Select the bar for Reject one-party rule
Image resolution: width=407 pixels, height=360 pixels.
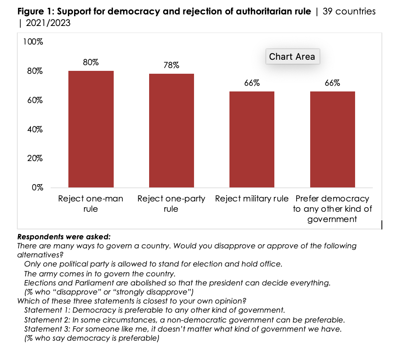tap(171, 131)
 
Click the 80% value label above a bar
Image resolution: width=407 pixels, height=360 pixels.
tap(91, 63)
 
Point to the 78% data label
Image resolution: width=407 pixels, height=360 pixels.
tap(171, 65)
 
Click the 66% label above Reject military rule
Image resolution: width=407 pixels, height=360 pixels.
tap(252, 83)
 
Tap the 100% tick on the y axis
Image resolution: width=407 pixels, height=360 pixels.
tap(33, 42)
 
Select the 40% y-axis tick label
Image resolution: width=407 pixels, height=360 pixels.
tap(35, 129)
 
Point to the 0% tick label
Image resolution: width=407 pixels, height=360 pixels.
tap(37, 187)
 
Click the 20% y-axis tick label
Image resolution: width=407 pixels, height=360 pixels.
tap(35, 159)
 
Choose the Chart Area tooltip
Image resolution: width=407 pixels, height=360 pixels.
tap(292, 56)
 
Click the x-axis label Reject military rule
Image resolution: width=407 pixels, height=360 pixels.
tap(252, 199)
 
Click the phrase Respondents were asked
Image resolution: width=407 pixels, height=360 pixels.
tap(64, 237)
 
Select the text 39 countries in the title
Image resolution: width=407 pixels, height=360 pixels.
tap(349, 11)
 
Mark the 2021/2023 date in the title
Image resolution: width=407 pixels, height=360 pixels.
tap(48, 23)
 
